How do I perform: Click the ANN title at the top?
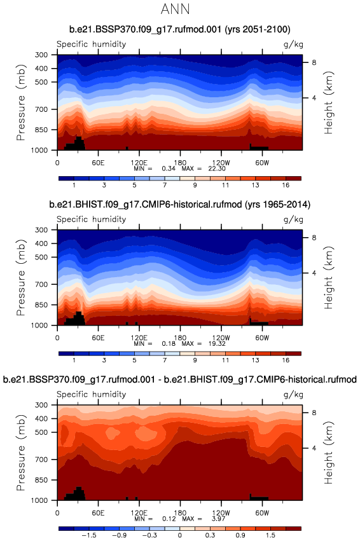coord(176,9)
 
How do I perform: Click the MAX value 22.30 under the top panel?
coord(217,168)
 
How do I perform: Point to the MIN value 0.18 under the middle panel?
coord(169,344)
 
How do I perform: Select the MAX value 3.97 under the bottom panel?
coord(219,519)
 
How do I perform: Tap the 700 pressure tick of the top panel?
coord(42,109)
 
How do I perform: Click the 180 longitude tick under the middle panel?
coord(180,338)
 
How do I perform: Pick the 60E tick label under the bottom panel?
coord(98,512)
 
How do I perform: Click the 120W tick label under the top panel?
coord(221,163)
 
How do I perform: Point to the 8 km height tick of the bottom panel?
coord(314,413)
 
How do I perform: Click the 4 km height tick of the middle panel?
coord(314,273)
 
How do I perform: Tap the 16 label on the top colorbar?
coord(286,185)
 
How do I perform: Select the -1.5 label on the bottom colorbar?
coord(89,535)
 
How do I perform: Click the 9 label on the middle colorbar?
coord(195,360)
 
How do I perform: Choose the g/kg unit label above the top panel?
coord(293,45)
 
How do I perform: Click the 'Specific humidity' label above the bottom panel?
coord(92,394)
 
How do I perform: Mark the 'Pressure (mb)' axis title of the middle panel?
coord(21,277)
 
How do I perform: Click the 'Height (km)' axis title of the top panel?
coord(329,102)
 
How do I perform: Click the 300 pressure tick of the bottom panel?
coord(42,405)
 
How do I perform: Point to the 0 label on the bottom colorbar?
coord(180,535)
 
